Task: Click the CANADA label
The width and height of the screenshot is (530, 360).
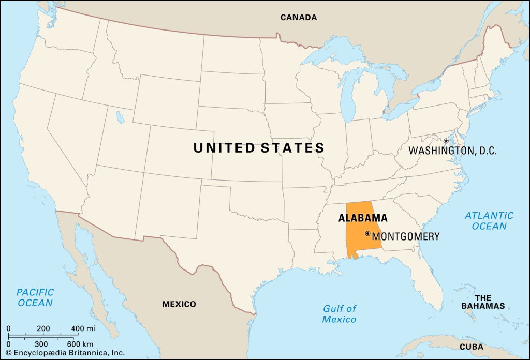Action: [x=298, y=17]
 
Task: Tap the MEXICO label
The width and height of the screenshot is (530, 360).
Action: [x=179, y=304]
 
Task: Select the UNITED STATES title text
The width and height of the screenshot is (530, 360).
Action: [x=259, y=148]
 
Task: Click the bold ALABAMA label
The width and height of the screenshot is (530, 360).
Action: [x=363, y=218]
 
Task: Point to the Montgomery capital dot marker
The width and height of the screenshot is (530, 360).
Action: [x=367, y=234]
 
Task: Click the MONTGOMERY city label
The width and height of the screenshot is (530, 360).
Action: [x=406, y=236]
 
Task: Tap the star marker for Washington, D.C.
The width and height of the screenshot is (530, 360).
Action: [x=446, y=141]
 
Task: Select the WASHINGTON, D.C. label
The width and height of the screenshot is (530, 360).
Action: [x=452, y=151]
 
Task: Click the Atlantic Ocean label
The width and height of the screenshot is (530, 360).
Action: [x=489, y=220]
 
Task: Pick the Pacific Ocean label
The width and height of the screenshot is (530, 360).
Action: [x=35, y=297]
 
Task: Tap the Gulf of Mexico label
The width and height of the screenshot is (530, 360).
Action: [x=340, y=314]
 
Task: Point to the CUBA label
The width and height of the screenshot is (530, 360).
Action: [x=471, y=347]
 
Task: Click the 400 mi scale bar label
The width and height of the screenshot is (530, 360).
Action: [x=83, y=328]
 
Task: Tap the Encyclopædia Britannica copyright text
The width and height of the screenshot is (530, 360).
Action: [x=65, y=353]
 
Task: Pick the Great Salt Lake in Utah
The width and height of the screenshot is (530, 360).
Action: [x=120, y=118]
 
